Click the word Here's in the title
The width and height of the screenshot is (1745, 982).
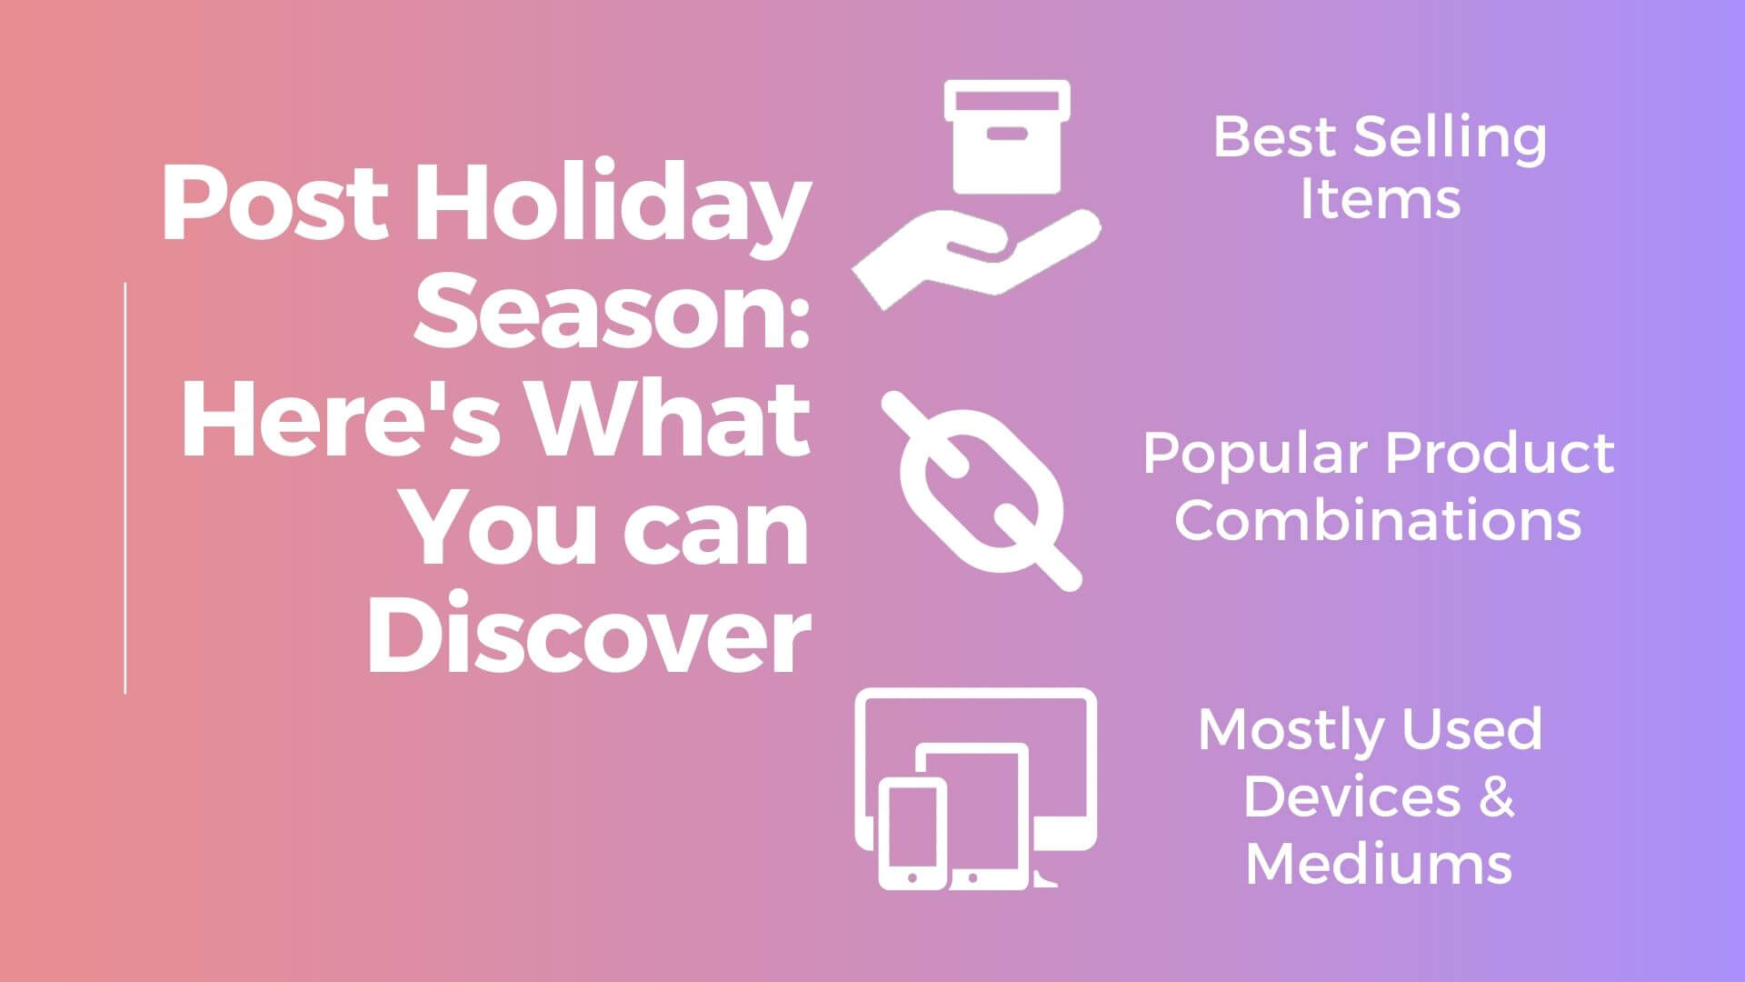coord(342,418)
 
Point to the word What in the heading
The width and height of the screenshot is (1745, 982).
coord(670,418)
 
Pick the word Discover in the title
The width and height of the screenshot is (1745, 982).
coord(588,631)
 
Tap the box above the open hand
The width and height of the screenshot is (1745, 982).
coord(1006,136)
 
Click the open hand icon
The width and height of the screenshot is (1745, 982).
coord(977,259)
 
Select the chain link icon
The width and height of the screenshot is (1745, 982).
coord(982,491)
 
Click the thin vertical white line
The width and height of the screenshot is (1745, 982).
coord(125,488)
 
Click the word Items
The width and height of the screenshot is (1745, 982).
coord(1380,199)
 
